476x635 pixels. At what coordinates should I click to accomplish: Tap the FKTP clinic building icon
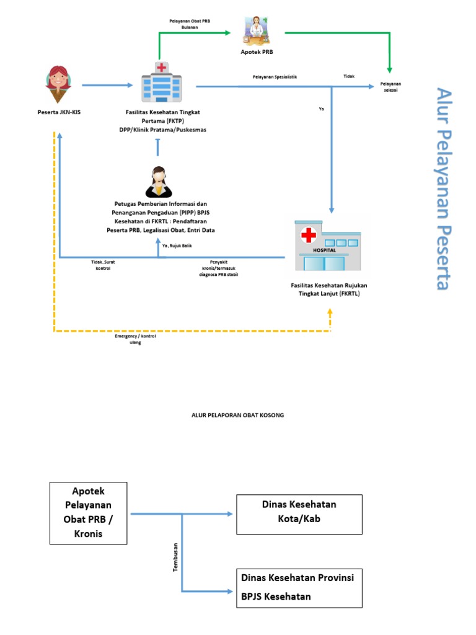161,82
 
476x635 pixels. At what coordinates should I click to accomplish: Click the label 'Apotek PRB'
257,53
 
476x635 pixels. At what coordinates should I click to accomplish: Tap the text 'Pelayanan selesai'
391,87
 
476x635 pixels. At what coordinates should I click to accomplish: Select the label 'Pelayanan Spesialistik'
275,77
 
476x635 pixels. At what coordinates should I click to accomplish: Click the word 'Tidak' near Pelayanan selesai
349,77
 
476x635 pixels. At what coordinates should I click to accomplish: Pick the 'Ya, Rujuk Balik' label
177,246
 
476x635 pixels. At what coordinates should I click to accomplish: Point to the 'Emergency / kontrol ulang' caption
135,339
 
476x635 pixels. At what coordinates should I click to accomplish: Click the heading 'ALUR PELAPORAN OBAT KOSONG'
237,415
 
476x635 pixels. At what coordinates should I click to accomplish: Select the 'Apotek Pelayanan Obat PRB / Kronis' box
88,513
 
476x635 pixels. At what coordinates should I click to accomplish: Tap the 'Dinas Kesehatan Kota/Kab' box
299,514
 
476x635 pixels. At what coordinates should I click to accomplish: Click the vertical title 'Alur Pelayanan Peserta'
442,188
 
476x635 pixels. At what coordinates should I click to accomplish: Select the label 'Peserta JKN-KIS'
58,112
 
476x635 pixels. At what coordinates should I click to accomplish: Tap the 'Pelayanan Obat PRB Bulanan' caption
190,24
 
